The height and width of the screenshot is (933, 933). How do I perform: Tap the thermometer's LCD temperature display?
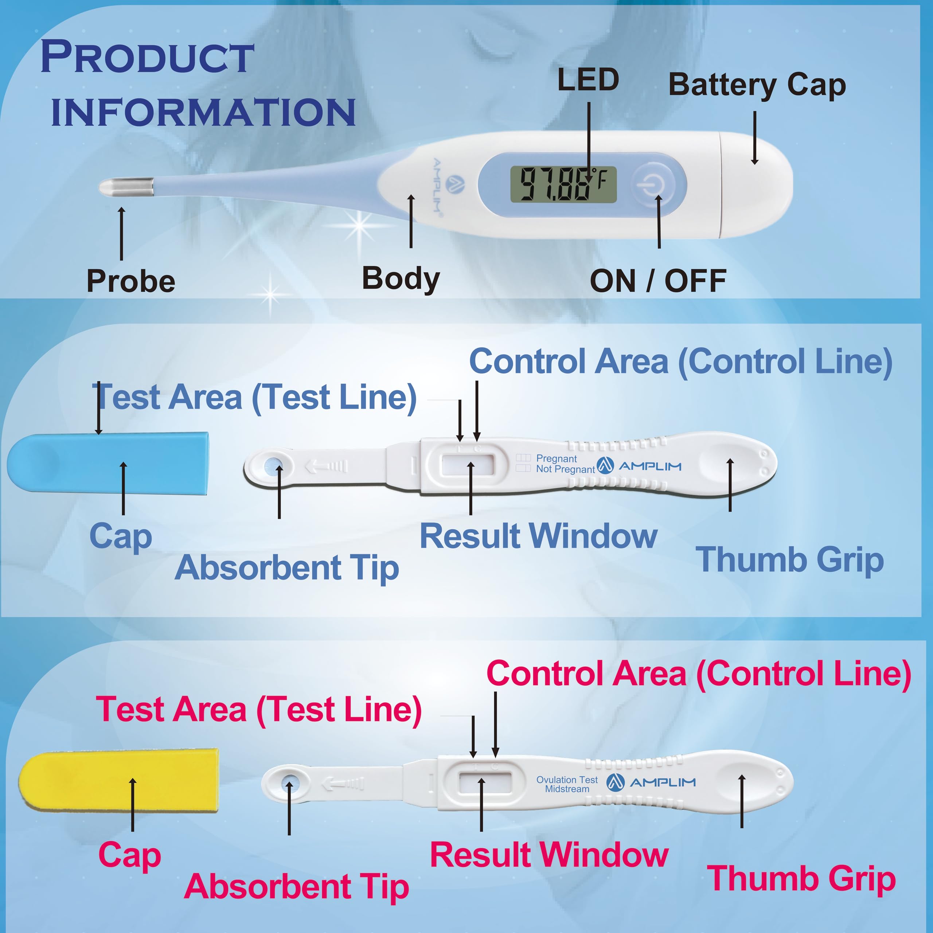click(x=563, y=184)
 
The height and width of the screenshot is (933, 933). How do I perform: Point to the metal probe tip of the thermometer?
click(x=126, y=187)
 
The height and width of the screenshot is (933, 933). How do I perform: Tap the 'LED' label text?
click(x=588, y=80)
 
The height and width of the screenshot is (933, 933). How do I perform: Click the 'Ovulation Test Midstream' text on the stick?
click(x=567, y=784)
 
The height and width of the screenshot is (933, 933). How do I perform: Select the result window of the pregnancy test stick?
click(x=468, y=465)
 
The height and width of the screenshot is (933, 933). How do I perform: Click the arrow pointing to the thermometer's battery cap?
click(x=754, y=138)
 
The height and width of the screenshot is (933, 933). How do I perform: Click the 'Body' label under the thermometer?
click(x=401, y=279)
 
